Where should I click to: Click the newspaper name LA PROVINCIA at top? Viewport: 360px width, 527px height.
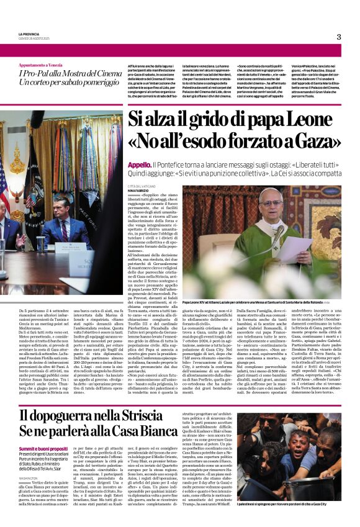pyautogui.click(x=29, y=34)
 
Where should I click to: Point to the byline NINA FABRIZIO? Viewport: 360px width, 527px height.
pyautogui.click(x=140, y=191)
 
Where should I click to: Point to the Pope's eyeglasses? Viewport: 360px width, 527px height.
pyautogui.click(x=277, y=210)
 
